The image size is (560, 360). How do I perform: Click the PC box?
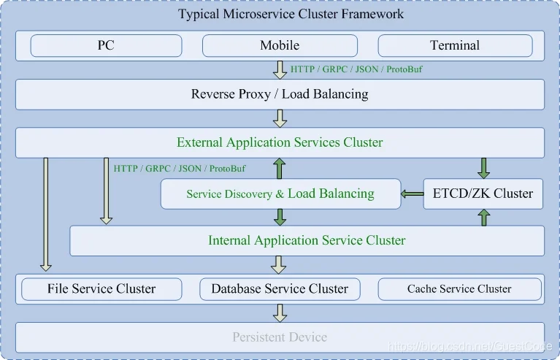pos(106,46)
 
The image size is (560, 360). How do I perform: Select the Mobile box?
pos(280,46)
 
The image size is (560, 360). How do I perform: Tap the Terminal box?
pos(455,46)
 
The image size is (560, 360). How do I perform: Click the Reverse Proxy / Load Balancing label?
pos(280,94)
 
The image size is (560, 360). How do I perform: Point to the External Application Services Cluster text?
pos(280,142)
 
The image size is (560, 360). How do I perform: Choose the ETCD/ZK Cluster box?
pos(483,194)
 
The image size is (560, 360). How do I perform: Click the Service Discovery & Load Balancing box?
pos(280,194)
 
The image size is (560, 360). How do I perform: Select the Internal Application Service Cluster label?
pos(307,240)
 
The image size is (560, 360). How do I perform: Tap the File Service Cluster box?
pos(101,289)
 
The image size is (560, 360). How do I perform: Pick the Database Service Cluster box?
pos(280,289)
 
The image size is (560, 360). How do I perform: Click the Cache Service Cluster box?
pos(460,289)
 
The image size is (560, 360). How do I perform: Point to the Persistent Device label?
pos(280,337)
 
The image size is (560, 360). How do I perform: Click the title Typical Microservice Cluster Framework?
pos(291,14)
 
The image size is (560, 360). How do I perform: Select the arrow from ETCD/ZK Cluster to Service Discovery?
pos(412,194)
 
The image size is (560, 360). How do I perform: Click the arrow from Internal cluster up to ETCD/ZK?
pos(483,217)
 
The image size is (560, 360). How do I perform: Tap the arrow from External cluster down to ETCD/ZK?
pos(483,168)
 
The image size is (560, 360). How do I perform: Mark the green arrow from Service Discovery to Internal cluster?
pos(280,217)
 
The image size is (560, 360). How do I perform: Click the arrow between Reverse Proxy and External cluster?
pos(280,118)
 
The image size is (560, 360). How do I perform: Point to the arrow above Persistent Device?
pos(280,313)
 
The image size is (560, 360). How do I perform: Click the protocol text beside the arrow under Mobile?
pos(356,69)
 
